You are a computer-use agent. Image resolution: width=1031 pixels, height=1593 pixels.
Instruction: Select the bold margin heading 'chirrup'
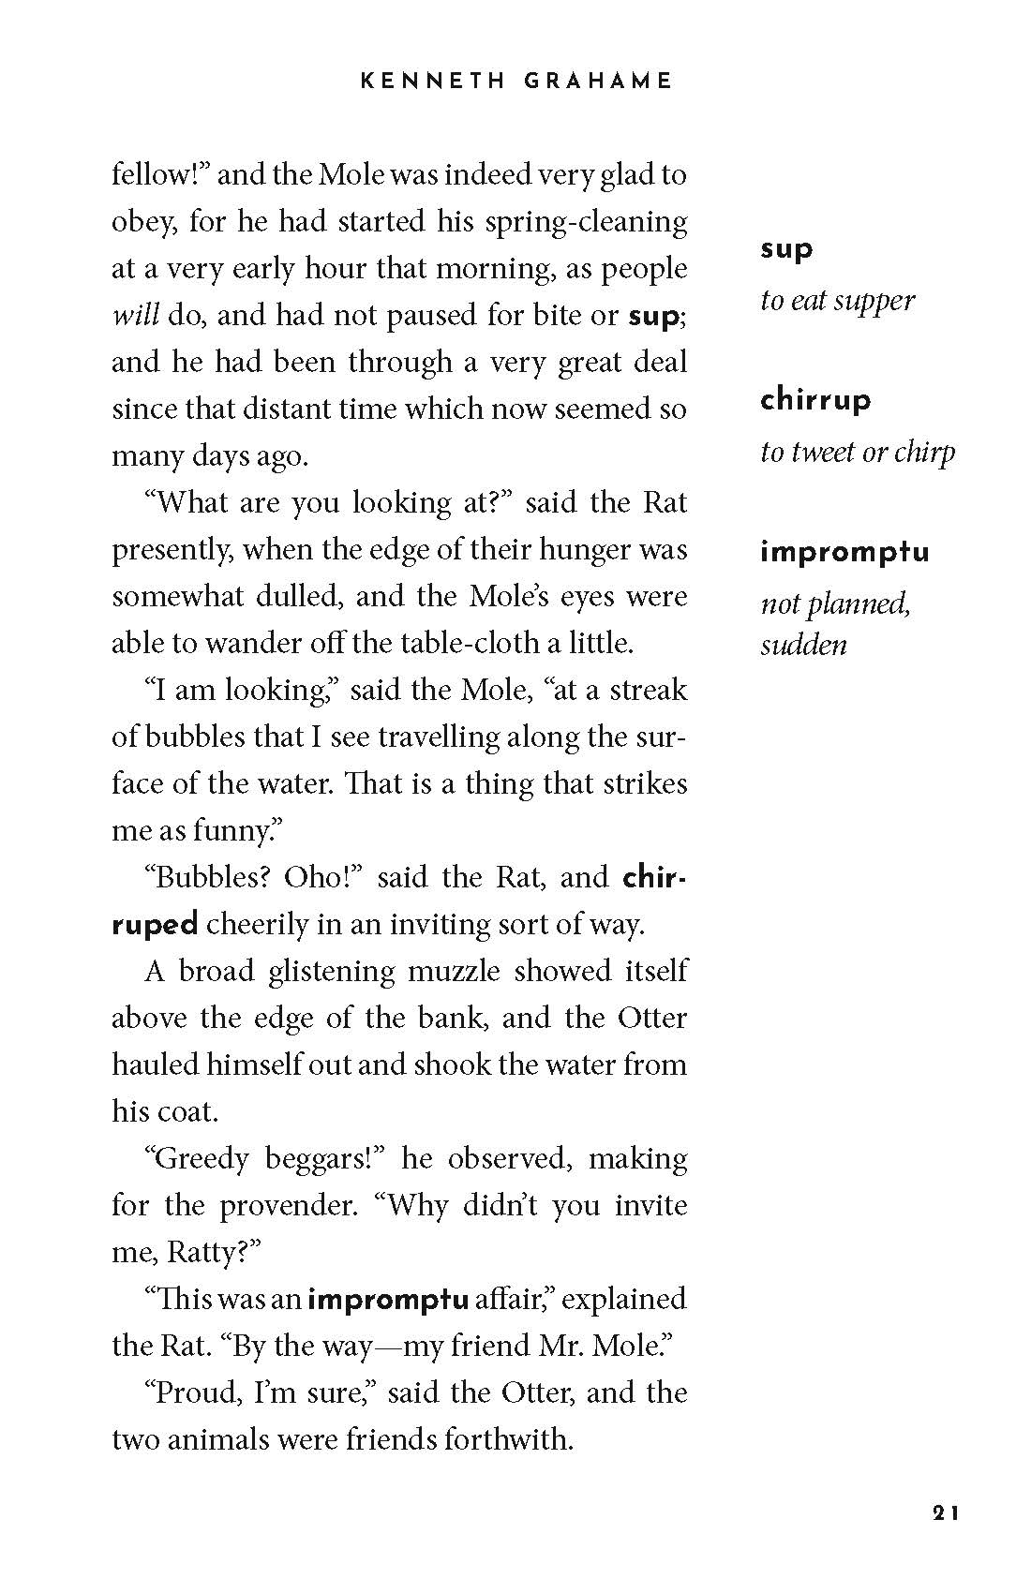point(815,400)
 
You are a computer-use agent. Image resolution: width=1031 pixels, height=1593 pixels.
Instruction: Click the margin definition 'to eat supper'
point(837,301)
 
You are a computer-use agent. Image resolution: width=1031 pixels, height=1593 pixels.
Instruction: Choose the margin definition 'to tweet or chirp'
point(858,453)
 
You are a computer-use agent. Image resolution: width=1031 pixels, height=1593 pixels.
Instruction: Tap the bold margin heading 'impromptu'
point(844,551)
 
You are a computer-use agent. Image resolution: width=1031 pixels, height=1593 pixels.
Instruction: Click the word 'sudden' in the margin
point(803,645)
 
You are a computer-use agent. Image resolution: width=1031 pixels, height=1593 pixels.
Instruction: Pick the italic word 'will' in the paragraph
point(135,315)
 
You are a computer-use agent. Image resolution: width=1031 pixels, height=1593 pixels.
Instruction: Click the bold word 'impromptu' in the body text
point(388,1300)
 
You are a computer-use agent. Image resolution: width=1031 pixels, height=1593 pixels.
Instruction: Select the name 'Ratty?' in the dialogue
point(208,1253)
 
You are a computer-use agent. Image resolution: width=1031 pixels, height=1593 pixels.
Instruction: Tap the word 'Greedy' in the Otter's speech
point(200,1159)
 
